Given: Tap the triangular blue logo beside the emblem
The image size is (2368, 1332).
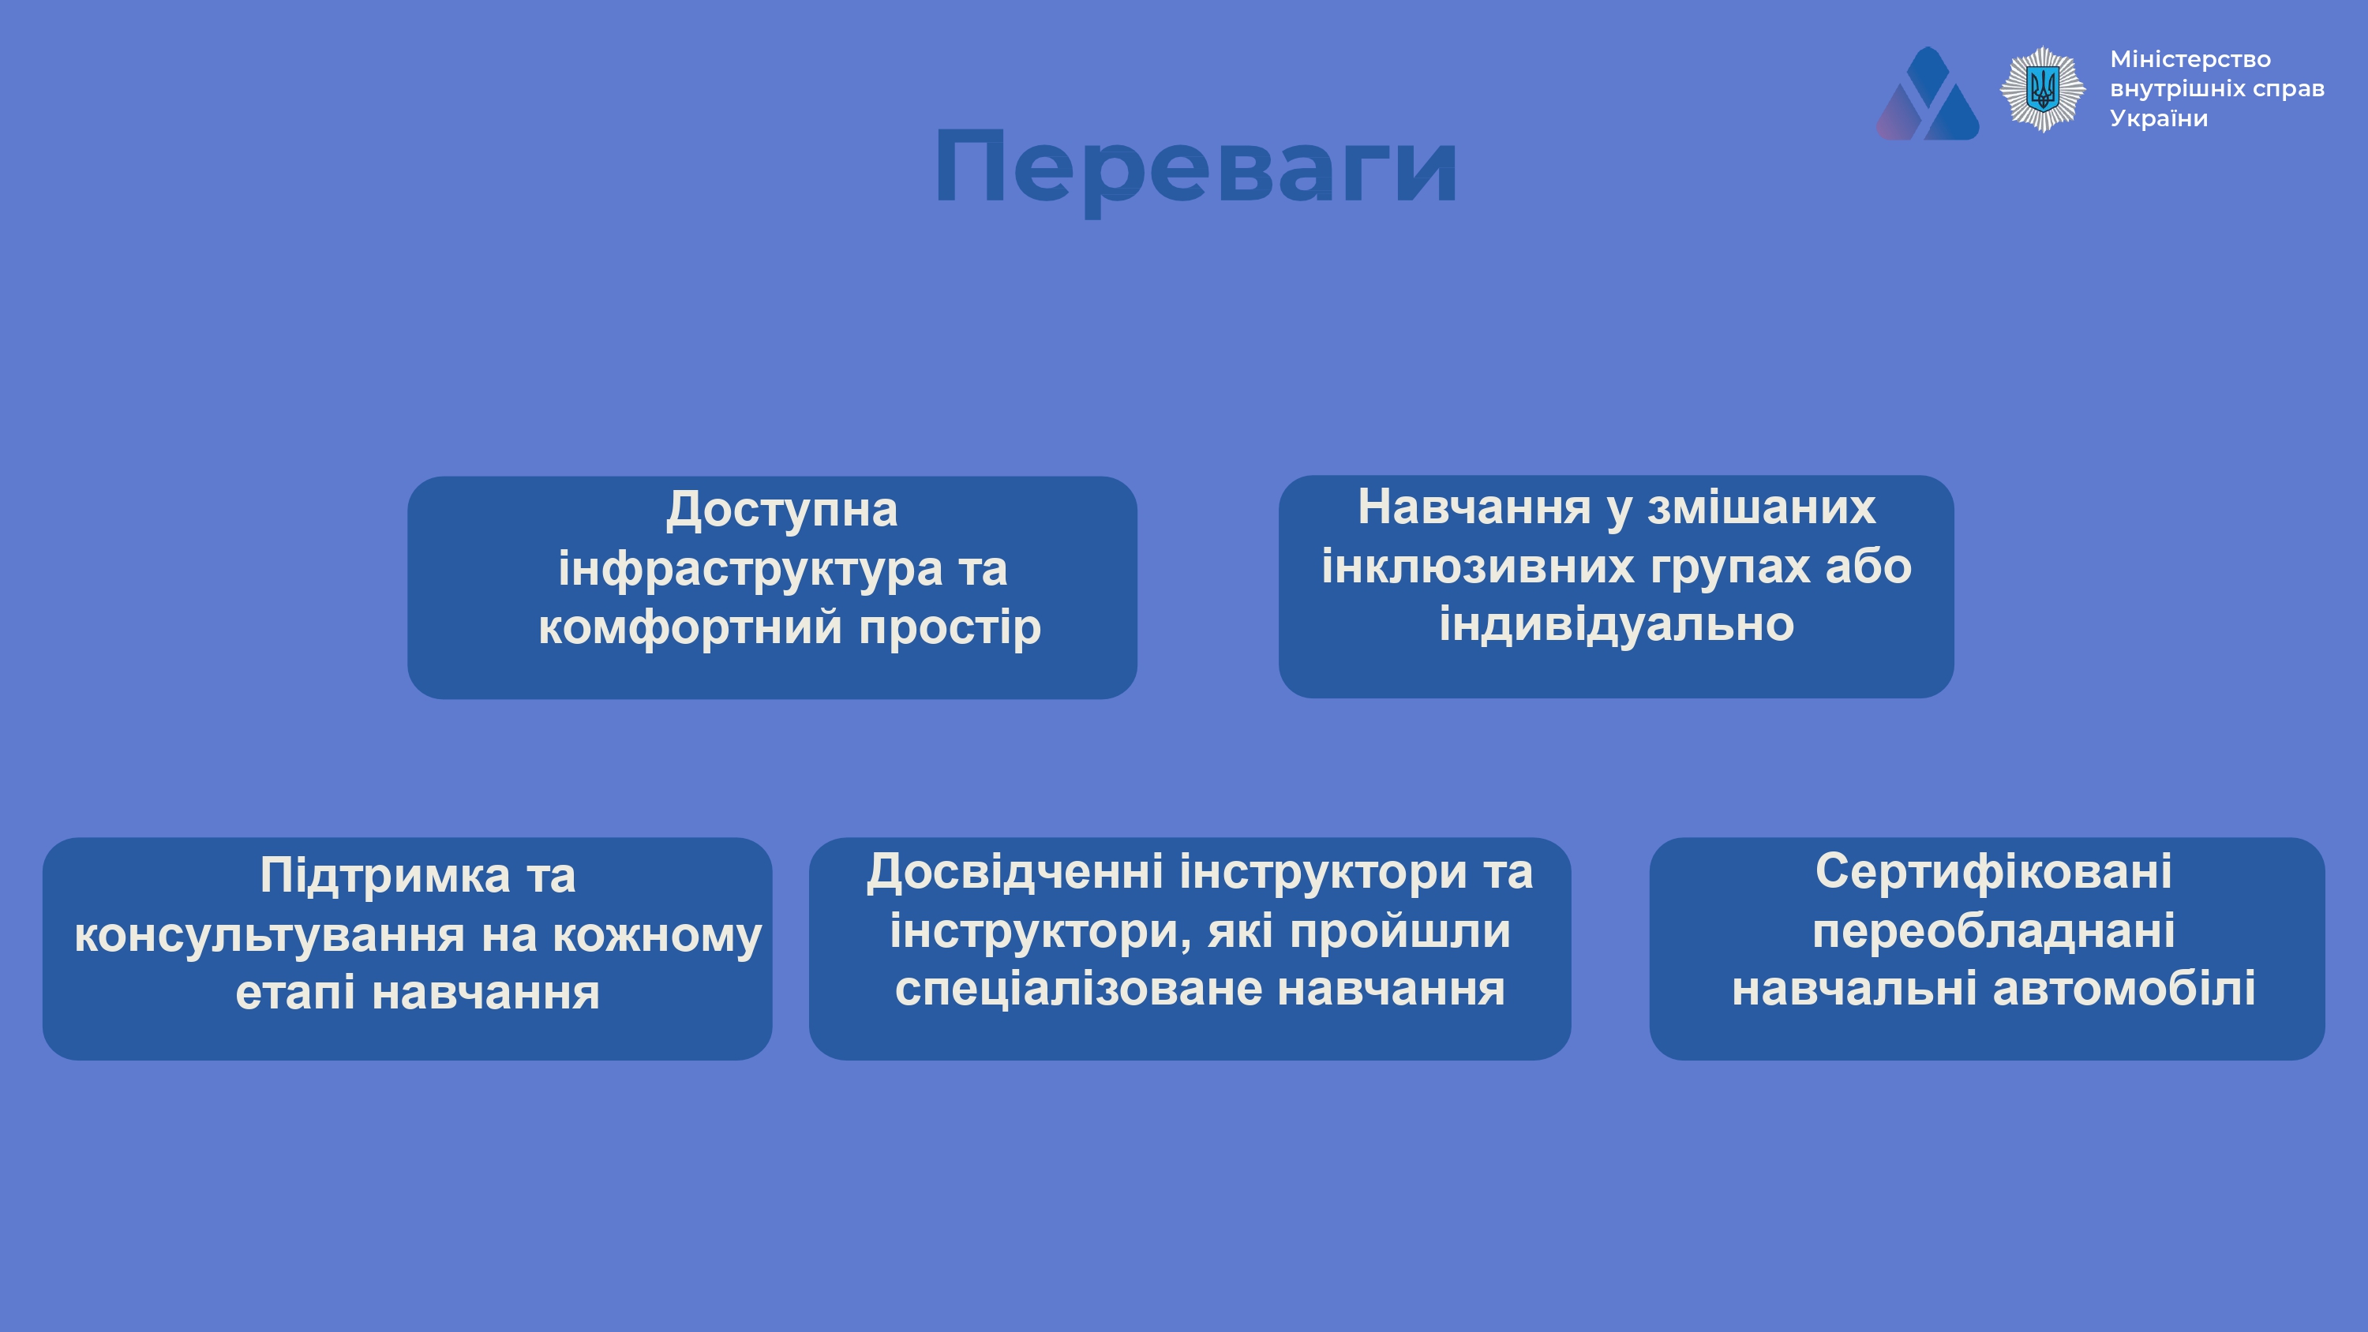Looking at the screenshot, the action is tap(1928, 94).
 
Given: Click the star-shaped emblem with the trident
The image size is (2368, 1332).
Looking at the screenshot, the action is tap(2043, 90).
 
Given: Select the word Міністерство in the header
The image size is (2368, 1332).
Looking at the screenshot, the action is tap(2190, 60).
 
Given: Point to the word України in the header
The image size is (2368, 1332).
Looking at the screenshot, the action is tap(2158, 118).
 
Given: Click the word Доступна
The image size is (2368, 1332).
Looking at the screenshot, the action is tap(781, 511).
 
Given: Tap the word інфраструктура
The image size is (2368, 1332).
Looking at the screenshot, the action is tap(750, 569).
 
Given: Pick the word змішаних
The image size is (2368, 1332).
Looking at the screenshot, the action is tap(1760, 507).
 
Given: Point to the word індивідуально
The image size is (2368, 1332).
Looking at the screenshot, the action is tap(1616, 624).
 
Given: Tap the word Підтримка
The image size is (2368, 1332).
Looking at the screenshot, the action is tap(384, 876).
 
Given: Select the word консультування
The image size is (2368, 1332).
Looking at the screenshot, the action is tap(269, 937).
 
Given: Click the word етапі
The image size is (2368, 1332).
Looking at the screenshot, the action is tap(295, 993).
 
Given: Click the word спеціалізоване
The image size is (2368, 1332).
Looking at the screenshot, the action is tap(1078, 991).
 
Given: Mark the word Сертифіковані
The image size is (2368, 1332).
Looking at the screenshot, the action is tap(1993, 873).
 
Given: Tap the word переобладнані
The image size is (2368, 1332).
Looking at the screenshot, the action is tap(1993, 931).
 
